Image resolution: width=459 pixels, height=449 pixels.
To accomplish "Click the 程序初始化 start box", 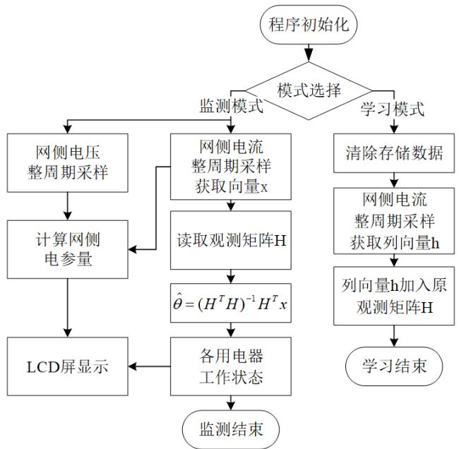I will pos(310,24).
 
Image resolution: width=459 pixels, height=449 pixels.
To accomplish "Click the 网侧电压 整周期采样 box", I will pos(67,162).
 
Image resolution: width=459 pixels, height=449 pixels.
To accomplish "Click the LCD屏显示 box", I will pos(67,367).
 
